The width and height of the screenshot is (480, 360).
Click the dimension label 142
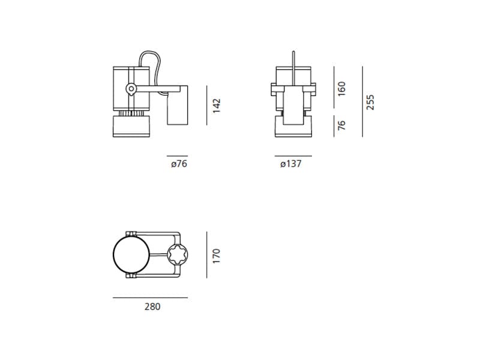(x=217, y=106)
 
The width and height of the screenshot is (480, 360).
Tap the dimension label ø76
(x=179, y=164)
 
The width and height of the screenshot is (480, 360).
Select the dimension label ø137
(x=291, y=164)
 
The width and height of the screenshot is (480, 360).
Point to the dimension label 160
(x=341, y=89)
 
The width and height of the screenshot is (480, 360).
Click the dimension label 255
(x=370, y=102)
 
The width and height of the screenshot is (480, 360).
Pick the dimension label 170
(x=217, y=256)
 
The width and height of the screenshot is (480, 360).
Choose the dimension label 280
(x=152, y=307)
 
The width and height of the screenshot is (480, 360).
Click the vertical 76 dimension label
(x=341, y=125)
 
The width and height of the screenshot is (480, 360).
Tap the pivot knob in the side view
(x=131, y=89)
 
